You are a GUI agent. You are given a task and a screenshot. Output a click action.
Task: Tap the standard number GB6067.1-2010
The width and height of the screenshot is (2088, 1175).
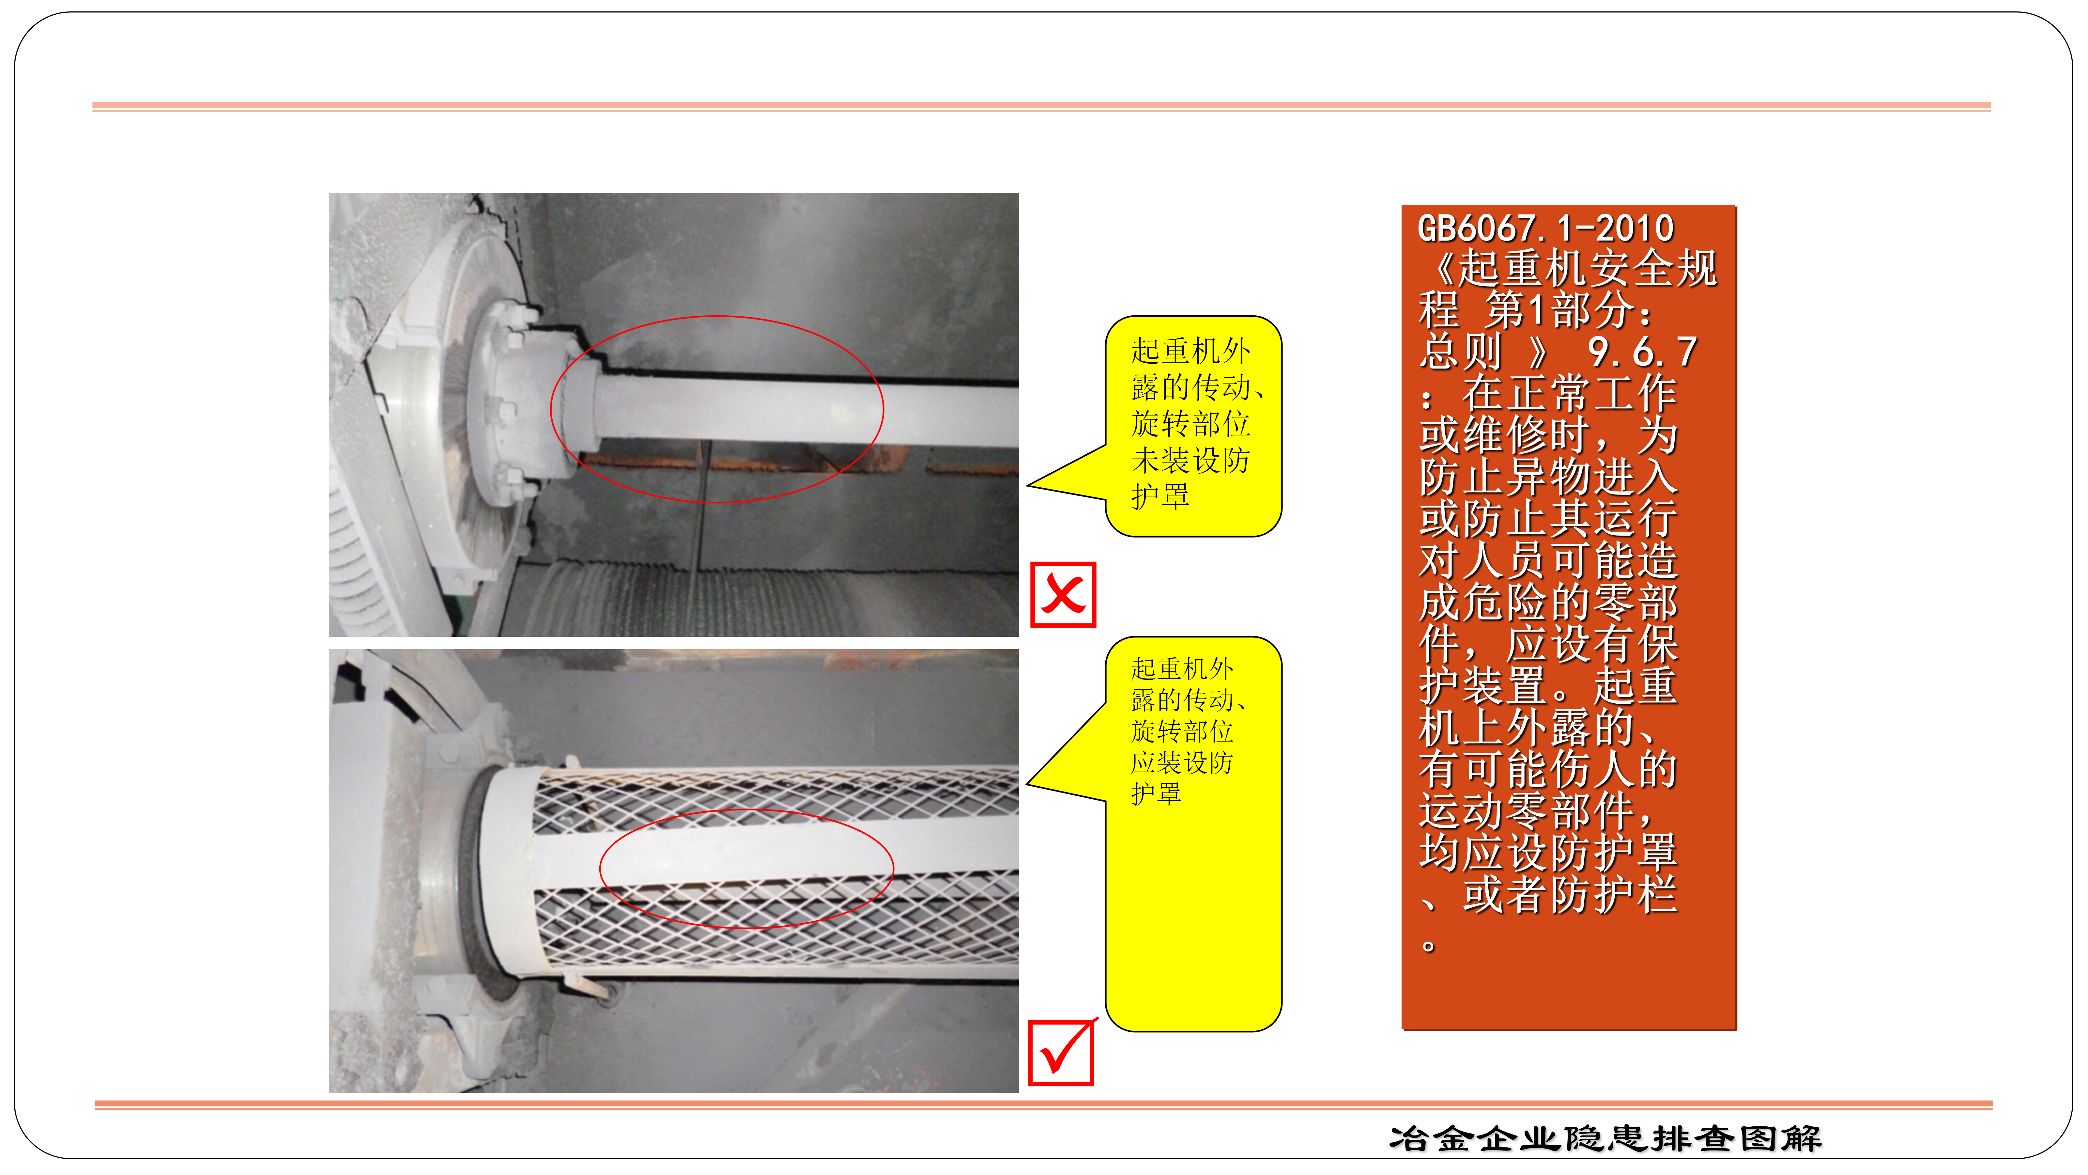[x=1545, y=228]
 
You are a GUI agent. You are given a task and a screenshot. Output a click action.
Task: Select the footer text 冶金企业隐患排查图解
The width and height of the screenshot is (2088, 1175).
[x=1605, y=1138]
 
